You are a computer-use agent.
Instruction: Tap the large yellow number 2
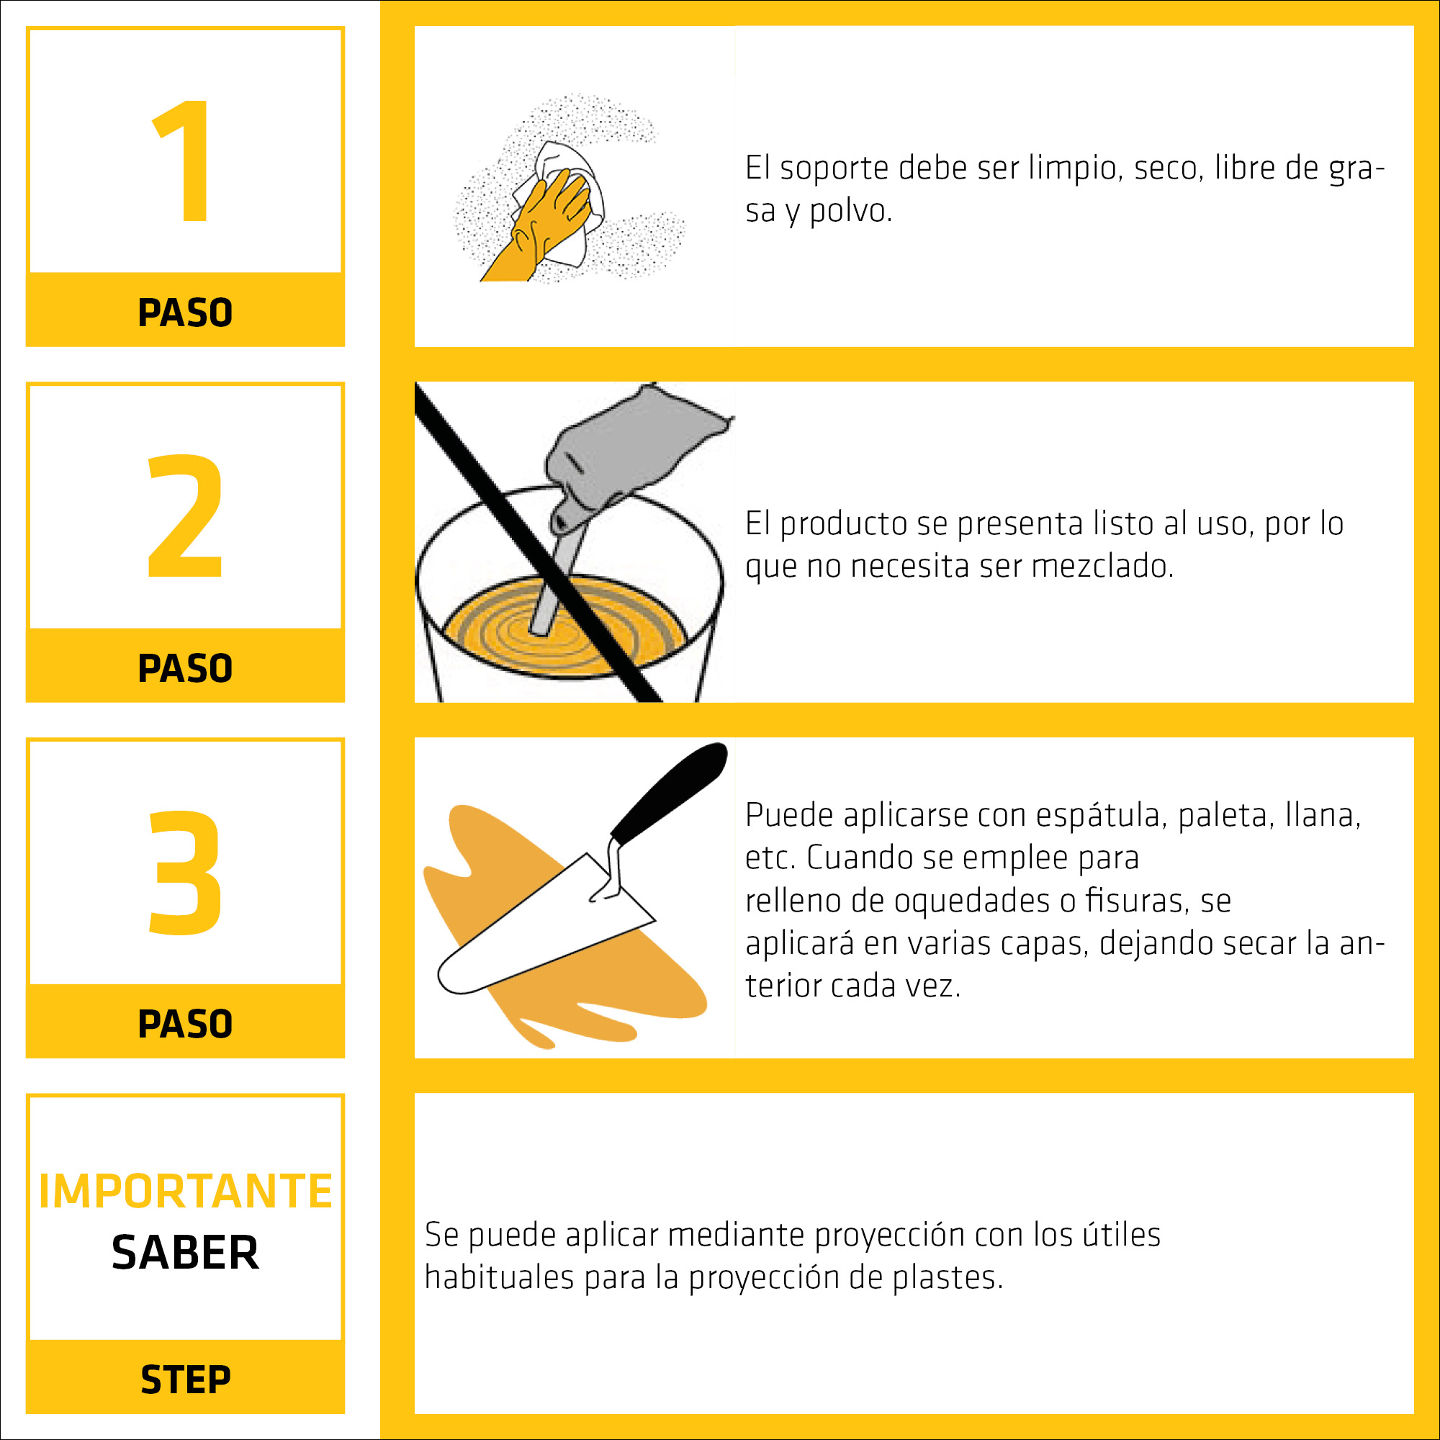[186, 515]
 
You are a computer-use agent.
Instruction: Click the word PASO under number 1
[186, 312]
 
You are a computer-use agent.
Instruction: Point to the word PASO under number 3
[186, 1023]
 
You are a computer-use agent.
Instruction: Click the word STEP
[186, 1380]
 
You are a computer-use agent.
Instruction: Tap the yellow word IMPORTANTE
[186, 1191]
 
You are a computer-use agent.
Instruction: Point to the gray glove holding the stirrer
[634, 454]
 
